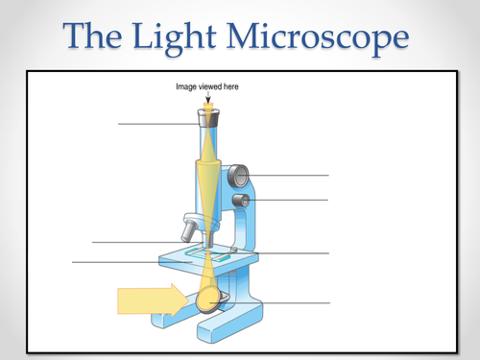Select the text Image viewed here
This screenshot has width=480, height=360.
point(207,87)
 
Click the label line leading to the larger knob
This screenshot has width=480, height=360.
point(288,176)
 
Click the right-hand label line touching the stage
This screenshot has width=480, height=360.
point(288,253)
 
